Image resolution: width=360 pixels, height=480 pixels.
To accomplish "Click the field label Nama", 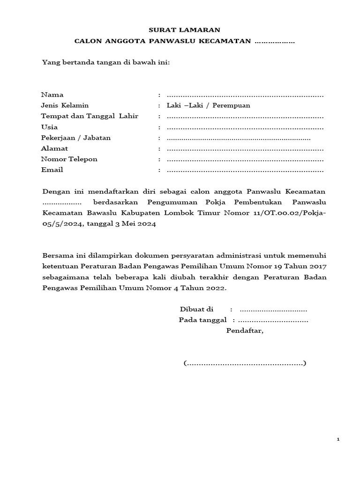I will click(x=52, y=95).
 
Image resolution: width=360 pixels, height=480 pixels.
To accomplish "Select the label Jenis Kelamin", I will click(x=65, y=105).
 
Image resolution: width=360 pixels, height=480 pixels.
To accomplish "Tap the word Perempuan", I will click(x=232, y=105).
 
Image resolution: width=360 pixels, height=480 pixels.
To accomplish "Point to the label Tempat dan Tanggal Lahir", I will click(x=90, y=116).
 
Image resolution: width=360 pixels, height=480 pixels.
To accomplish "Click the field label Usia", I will click(x=50, y=127).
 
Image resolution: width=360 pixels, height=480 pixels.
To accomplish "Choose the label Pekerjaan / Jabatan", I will click(x=76, y=138).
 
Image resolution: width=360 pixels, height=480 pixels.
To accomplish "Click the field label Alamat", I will click(x=55, y=149).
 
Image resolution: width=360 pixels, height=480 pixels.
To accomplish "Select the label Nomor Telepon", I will click(x=69, y=159).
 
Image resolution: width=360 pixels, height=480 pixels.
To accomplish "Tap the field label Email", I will click(x=52, y=170).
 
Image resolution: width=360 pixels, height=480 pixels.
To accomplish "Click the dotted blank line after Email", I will click(x=245, y=170).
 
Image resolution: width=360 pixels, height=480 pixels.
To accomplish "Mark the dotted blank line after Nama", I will click(x=245, y=95).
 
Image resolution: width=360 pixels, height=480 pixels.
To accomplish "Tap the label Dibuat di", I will click(x=197, y=309).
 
